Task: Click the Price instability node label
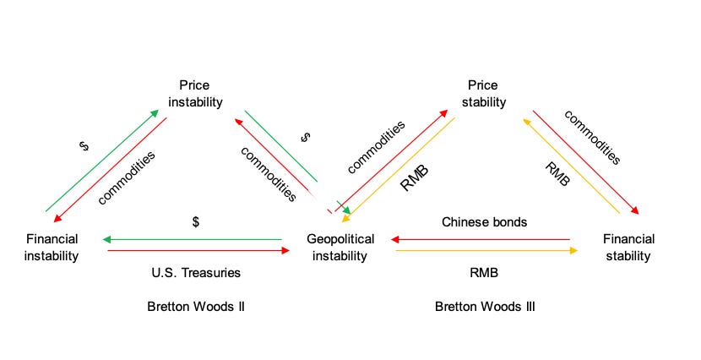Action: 194,94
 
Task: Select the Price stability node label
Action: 484,94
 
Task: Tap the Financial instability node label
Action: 52,247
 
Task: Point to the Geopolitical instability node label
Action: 338,247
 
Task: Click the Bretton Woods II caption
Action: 195,306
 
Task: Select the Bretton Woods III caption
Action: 485,306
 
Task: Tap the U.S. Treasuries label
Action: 195,273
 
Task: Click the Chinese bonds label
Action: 485,222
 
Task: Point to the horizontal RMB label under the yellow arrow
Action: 485,273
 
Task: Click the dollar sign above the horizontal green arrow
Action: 195,222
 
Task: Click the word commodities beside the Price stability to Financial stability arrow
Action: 592,137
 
